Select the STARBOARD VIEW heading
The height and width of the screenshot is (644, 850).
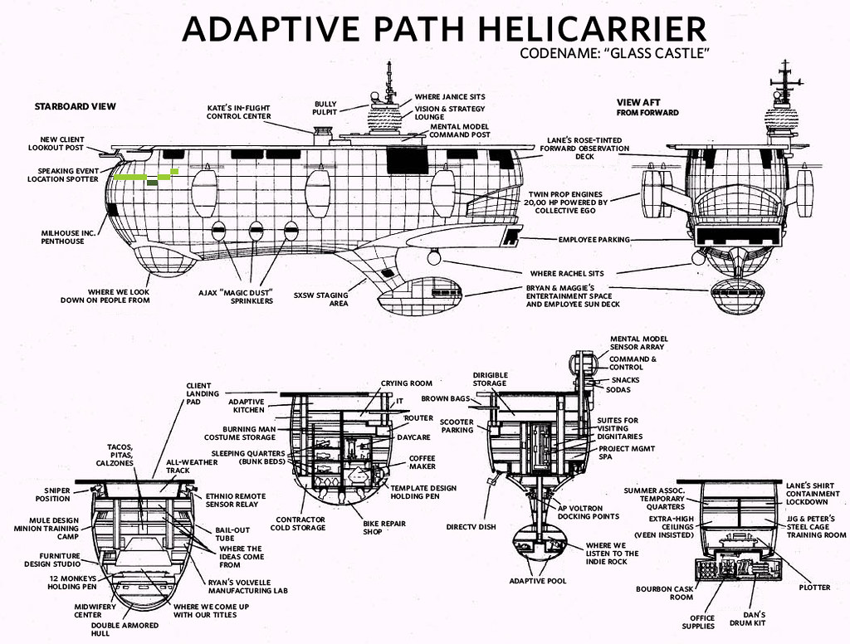coord(75,106)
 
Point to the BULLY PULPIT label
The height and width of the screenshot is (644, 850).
coord(325,108)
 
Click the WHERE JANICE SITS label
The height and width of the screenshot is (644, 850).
coord(449,97)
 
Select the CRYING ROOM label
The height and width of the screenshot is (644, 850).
coord(407,383)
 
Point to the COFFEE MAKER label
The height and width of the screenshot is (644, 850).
coord(422,461)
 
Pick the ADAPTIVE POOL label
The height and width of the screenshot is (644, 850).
coord(537,581)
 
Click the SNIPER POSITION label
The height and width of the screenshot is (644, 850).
coord(52,495)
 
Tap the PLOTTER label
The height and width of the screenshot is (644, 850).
coord(814,588)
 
